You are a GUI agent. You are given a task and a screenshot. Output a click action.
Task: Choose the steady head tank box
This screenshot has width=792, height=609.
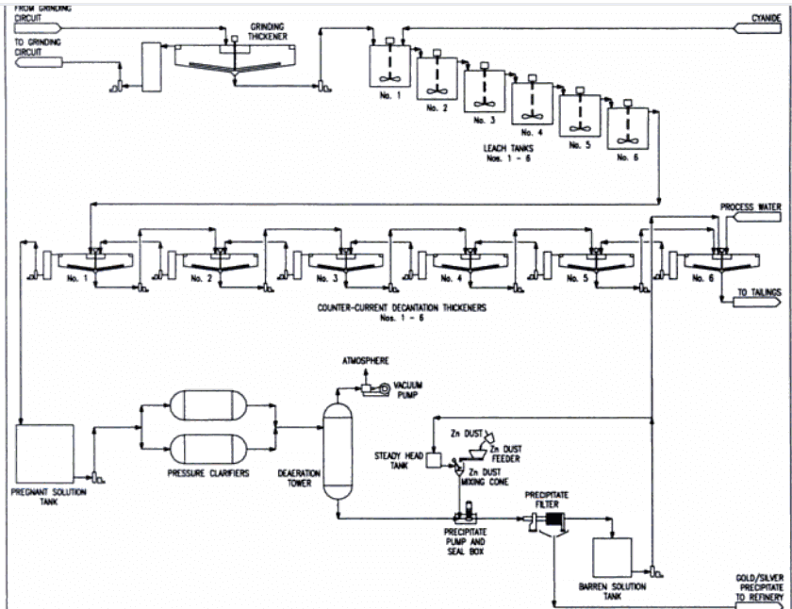(436, 460)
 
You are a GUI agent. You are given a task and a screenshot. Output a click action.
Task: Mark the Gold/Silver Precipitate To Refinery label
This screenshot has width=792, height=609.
(758, 584)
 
